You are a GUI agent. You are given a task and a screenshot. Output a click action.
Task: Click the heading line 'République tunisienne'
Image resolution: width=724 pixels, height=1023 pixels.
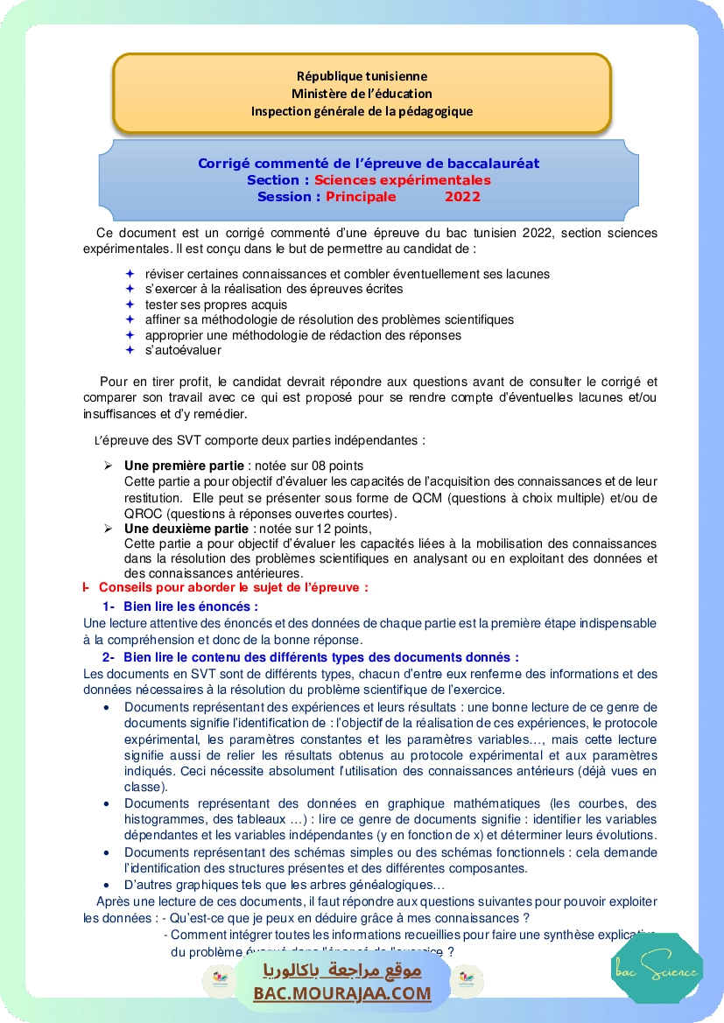(x=362, y=77)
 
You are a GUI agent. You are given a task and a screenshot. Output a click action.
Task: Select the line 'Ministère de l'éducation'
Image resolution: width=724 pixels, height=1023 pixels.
(x=362, y=94)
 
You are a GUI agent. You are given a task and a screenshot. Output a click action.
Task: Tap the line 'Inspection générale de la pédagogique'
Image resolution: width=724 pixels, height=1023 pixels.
(x=362, y=111)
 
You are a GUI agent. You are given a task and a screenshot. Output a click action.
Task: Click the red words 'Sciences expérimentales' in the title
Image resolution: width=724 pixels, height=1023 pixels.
(x=403, y=180)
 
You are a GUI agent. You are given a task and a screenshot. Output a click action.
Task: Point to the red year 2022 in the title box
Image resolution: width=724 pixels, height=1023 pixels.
(x=462, y=197)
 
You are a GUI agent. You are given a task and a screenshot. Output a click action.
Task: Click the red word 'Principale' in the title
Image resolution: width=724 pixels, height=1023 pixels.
(x=361, y=197)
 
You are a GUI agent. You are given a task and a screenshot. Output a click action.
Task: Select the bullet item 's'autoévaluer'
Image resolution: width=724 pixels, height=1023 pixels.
(x=183, y=350)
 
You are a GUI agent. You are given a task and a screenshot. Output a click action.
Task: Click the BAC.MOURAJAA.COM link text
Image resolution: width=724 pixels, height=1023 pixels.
(x=342, y=993)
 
